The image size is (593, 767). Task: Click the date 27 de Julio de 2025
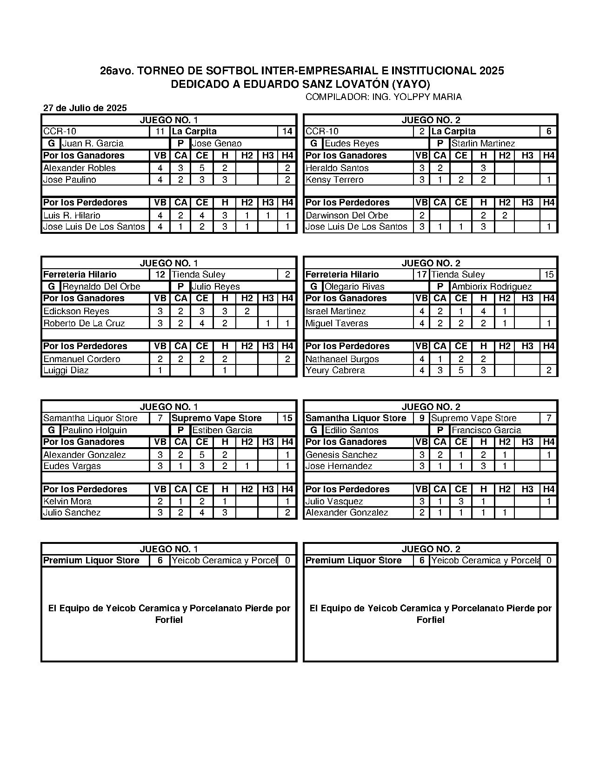click(x=85, y=108)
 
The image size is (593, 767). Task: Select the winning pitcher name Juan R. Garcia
click(x=93, y=144)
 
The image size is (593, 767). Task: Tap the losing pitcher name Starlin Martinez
click(x=483, y=144)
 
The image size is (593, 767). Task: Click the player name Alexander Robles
click(x=80, y=168)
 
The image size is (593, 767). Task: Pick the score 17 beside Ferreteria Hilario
click(x=421, y=275)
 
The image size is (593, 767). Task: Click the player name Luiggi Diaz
click(x=66, y=370)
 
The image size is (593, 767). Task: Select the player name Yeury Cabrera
click(x=335, y=370)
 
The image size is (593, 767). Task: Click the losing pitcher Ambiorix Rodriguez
click(x=492, y=287)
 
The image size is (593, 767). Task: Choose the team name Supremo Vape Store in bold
click(x=217, y=418)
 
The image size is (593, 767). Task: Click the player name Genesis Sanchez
click(x=341, y=455)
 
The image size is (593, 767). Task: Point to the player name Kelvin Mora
click(x=67, y=502)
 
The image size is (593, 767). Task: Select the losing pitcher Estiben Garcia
click(x=222, y=430)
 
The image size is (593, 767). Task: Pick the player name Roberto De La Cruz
click(x=84, y=324)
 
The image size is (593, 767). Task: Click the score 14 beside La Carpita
click(x=287, y=132)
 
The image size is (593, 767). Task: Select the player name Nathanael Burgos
click(x=342, y=359)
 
